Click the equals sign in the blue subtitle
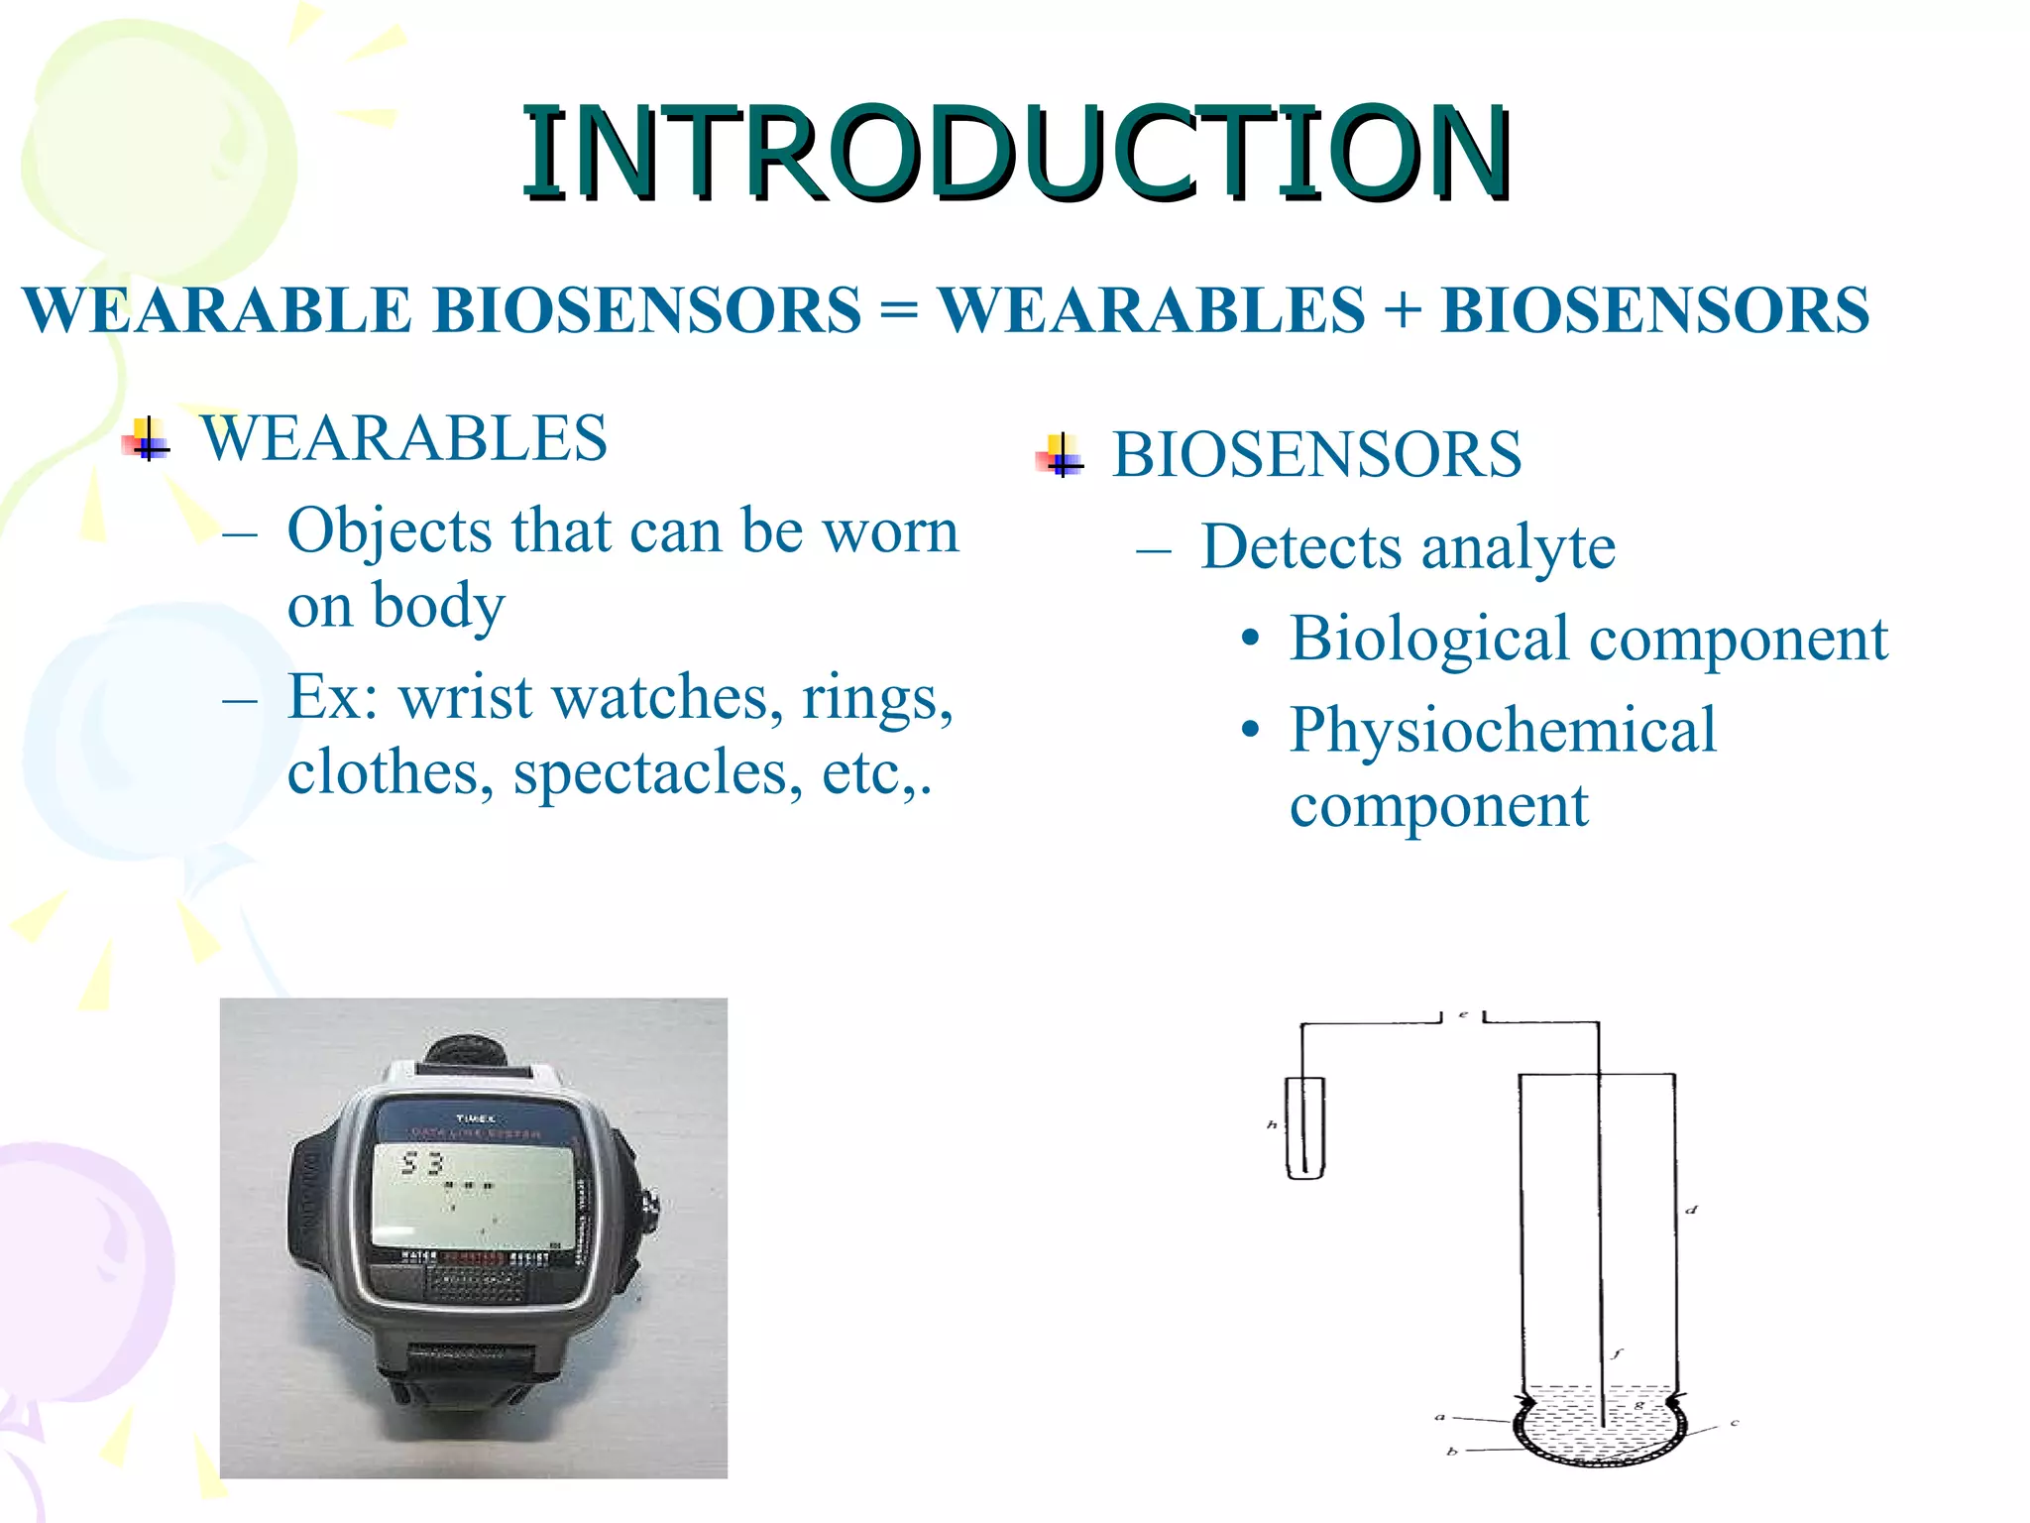click(x=898, y=309)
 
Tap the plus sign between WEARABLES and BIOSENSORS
click(x=1402, y=309)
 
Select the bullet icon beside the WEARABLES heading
click(x=148, y=438)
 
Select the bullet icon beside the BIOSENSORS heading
click(x=1061, y=456)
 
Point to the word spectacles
click(x=657, y=773)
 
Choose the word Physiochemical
click(x=1502, y=731)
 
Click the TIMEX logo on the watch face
click(x=475, y=1117)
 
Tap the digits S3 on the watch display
click(x=421, y=1163)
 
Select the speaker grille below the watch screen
click(x=475, y=1284)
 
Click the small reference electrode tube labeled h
click(x=1304, y=1127)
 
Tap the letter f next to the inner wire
click(x=1617, y=1353)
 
